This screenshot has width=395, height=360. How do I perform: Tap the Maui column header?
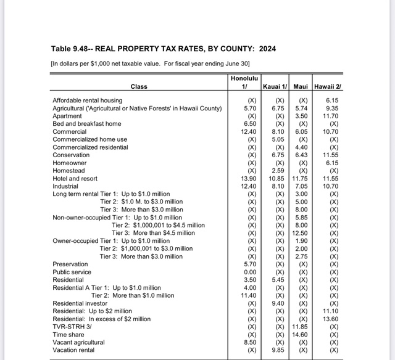(x=301, y=86)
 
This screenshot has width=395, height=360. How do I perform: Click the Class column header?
(x=139, y=86)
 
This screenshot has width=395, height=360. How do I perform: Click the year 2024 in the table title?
(x=268, y=49)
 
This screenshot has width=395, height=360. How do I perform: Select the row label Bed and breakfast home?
(x=87, y=123)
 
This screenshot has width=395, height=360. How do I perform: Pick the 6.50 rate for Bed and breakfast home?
(x=249, y=123)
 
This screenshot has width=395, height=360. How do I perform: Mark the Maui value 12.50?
(x=300, y=233)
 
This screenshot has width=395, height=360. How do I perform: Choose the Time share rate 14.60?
(x=300, y=334)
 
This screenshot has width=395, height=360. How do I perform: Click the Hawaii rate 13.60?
(x=330, y=319)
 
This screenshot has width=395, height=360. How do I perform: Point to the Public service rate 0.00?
(x=249, y=272)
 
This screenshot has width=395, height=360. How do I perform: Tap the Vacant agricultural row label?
(x=78, y=342)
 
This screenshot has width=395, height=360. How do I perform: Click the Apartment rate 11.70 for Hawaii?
(x=330, y=116)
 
